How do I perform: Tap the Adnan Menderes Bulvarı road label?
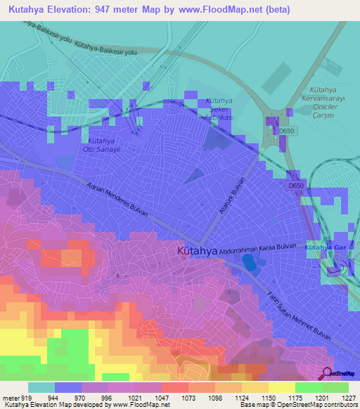116,206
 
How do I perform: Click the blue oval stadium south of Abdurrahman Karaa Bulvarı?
249,263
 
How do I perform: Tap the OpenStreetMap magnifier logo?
328,374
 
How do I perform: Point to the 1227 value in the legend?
349,397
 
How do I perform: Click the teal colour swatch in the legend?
41,387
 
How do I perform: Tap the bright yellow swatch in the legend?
282,387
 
